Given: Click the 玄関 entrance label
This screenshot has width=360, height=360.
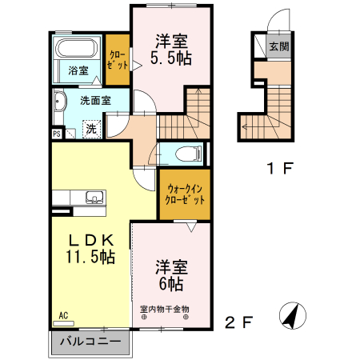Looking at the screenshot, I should (278, 46).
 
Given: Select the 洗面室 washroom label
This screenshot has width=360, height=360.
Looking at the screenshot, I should (94, 101).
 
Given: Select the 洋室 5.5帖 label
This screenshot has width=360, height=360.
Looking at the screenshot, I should (172, 48).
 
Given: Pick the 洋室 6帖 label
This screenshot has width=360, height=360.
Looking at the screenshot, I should (170, 274).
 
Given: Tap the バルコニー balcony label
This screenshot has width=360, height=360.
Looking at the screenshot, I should (92, 342).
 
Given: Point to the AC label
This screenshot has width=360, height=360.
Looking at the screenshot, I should (63, 316).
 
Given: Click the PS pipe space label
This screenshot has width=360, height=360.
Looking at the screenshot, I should (56, 134).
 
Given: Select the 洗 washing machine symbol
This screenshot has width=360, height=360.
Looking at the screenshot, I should (92, 129).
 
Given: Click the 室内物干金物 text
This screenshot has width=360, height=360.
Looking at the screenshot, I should (165, 310).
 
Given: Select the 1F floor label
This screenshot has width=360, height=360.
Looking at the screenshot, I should (281, 170).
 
